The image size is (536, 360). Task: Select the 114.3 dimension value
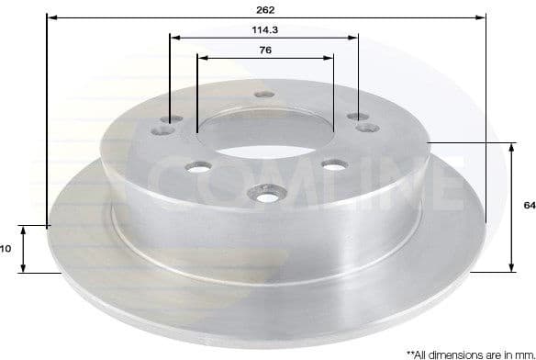(265, 29)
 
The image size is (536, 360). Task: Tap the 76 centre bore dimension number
(265, 50)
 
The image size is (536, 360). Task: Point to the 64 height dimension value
(529, 206)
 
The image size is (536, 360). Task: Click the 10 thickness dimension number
(5, 248)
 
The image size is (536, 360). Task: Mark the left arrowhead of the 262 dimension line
(50, 17)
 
